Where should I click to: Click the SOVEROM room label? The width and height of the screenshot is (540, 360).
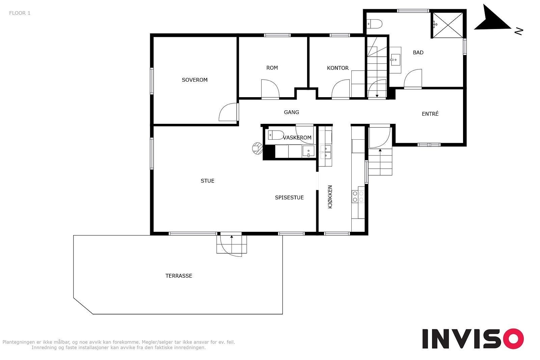(x=194, y=80)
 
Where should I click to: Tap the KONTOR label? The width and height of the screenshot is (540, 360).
(x=337, y=68)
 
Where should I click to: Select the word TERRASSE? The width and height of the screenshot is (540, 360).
(x=179, y=276)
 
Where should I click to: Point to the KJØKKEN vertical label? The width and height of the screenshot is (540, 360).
(x=330, y=197)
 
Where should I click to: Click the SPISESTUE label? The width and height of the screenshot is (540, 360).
(x=289, y=197)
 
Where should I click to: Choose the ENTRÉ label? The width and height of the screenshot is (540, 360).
(x=430, y=113)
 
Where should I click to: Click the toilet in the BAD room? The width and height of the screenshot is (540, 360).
(x=375, y=24)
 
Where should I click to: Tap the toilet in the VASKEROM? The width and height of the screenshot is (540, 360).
(x=276, y=135)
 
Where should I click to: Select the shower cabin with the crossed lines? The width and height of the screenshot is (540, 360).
(x=448, y=25)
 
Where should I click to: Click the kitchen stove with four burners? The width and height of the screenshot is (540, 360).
(x=358, y=196)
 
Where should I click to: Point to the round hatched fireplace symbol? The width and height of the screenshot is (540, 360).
(x=257, y=148)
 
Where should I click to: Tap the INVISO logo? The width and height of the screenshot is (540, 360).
(x=473, y=338)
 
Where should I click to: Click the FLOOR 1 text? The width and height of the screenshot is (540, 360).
(x=20, y=13)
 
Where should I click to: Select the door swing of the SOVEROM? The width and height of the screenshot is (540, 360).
(x=228, y=112)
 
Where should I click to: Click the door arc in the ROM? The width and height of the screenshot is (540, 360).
(x=270, y=89)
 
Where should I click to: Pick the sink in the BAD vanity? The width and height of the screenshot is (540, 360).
(x=395, y=60)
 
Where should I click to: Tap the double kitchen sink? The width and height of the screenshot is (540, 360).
(x=325, y=152)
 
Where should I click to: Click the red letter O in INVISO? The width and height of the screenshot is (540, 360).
(x=514, y=338)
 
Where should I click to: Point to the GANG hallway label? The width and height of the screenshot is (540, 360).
(x=291, y=112)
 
